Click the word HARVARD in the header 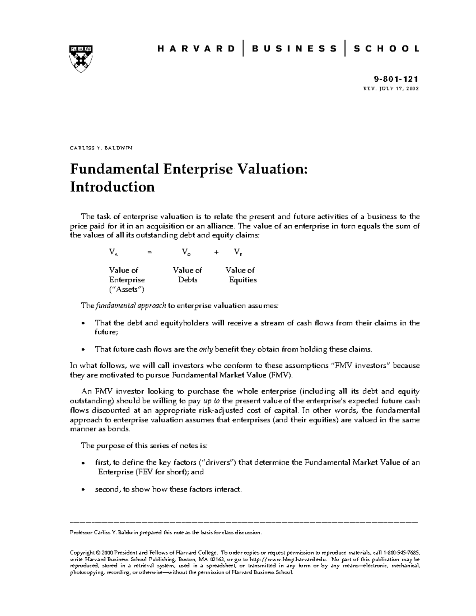pos(196,49)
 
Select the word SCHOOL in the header pos(386,49)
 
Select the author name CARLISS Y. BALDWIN pos(101,148)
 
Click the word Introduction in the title pos(112,186)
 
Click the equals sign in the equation pos(149,251)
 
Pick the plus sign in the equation pos(216,251)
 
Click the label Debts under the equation pos(187,280)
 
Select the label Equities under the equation pos(242,280)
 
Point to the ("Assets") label pos(127,289)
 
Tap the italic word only pos(206,349)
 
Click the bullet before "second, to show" pos(83,490)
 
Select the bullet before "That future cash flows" pos(83,350)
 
